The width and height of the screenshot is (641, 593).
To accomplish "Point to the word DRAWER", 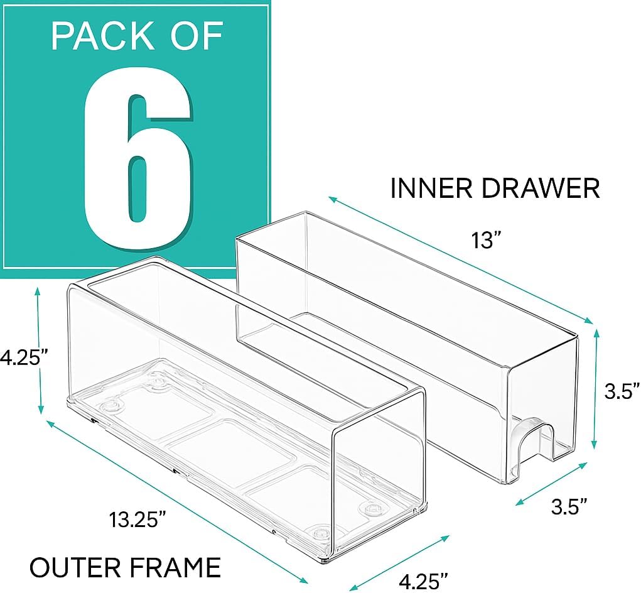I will pyautogui.click(x=540, y=188).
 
